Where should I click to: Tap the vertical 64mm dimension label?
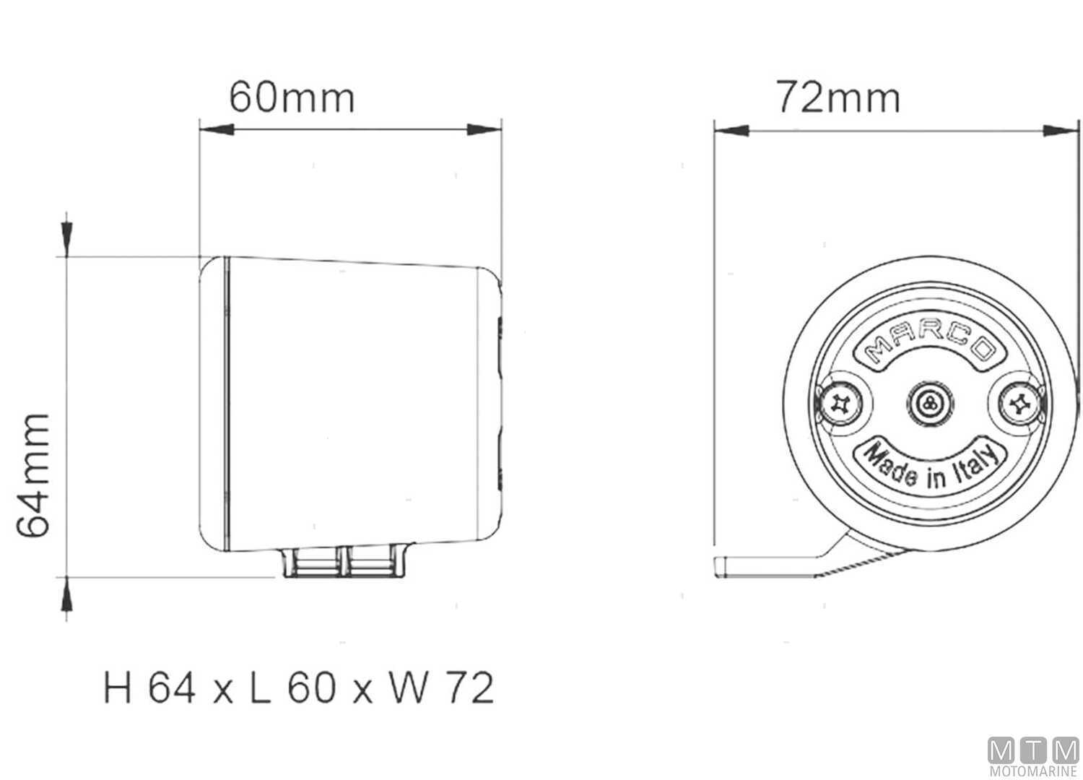click(34, 474)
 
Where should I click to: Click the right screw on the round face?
click(1020, 405)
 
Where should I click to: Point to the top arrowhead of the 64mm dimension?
click(66, 235)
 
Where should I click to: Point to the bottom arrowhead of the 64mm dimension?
click(66, 598)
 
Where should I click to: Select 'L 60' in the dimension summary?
click(292, 688)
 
